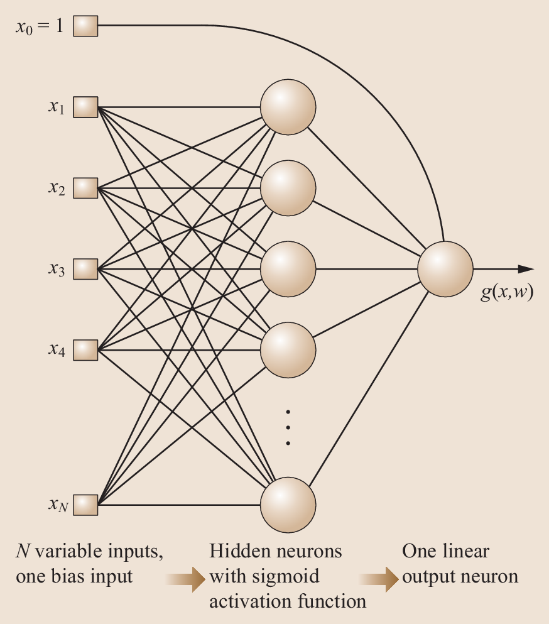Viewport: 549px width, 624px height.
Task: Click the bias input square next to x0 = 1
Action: point(85,26)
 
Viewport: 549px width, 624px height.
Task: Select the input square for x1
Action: point(85,107)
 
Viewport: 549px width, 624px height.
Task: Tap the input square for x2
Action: point(85,187)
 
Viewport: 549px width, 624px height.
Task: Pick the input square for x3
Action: point(85,269)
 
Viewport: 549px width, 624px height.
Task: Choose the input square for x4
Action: point(85,349)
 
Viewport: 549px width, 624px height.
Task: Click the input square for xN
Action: point(85,504)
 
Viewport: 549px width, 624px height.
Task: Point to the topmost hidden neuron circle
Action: point(288,107)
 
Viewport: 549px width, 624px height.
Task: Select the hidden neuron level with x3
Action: point(288,269)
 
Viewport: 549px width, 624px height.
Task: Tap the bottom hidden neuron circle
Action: point(288,504)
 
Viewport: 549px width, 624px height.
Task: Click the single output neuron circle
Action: point(445,269)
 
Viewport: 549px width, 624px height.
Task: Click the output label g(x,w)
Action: point(507,293)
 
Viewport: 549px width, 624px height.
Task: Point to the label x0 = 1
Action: point(39,27)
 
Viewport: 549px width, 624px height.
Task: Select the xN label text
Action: point(57,504)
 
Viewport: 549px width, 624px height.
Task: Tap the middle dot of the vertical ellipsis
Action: point(288,427)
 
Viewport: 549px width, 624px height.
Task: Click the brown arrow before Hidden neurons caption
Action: point(187,577)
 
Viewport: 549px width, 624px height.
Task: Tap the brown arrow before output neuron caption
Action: point(380,577)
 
